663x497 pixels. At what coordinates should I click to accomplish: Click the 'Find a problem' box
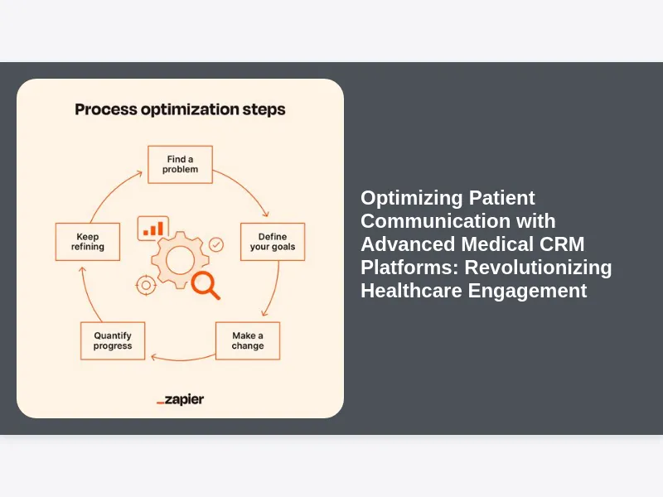[x=180, y=164]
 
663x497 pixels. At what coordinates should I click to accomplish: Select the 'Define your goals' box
[x=272, y=242]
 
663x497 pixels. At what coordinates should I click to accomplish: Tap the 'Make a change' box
[x=248, y=340]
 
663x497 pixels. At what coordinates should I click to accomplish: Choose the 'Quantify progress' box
[x=113, y=340]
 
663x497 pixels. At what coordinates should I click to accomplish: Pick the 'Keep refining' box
[x=87, y=242]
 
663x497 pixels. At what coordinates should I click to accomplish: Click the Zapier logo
[x=180, y=400]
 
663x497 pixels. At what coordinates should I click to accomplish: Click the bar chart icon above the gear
[x=153, y=228]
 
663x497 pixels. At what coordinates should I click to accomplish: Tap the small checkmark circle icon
[x=216, y=244]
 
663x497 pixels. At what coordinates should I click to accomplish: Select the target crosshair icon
[x=146, y=285]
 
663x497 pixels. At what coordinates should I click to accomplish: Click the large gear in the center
[x=179, y=260]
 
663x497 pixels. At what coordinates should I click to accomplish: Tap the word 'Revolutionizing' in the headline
[x=540, y=268]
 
